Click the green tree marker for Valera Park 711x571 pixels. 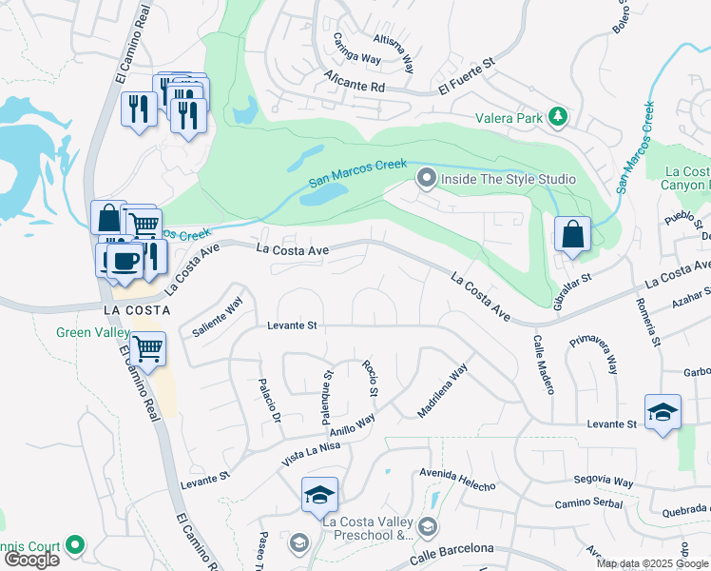tap(558, 118)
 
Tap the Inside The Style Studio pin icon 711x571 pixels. tap(427, 178)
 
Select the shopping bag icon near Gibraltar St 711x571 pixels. tap(572, 235)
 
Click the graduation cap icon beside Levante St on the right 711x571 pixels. tap(663, 412)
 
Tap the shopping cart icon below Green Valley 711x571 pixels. tap(147, 349)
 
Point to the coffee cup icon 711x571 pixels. tap(124, 260)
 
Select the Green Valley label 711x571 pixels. tap(94, 332)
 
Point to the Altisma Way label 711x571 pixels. tap(394, 52)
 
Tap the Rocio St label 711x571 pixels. tap(371, 379)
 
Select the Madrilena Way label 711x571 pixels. tap(442, 391)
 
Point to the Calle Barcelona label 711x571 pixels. tap(453, 552)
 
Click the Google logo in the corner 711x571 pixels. tap(31, 560)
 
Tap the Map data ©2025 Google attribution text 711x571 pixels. tap(652, 563)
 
